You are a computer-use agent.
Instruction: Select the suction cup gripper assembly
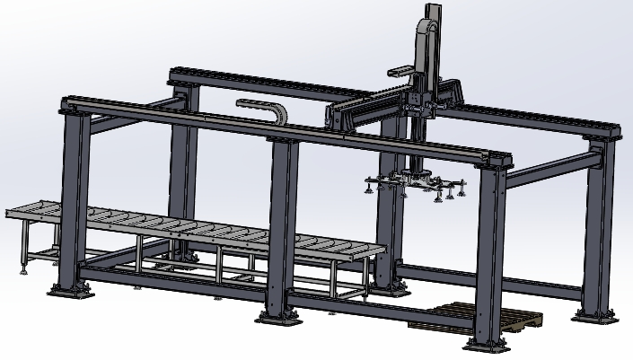pos(415,183)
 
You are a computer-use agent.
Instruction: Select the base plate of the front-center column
pos(281,316)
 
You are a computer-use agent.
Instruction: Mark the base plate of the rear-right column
pos(595,315)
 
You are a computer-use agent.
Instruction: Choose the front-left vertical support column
pos(75,198)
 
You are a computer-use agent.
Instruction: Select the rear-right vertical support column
pos(597,224)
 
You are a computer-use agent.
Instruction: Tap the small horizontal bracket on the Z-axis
pos(400,69)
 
